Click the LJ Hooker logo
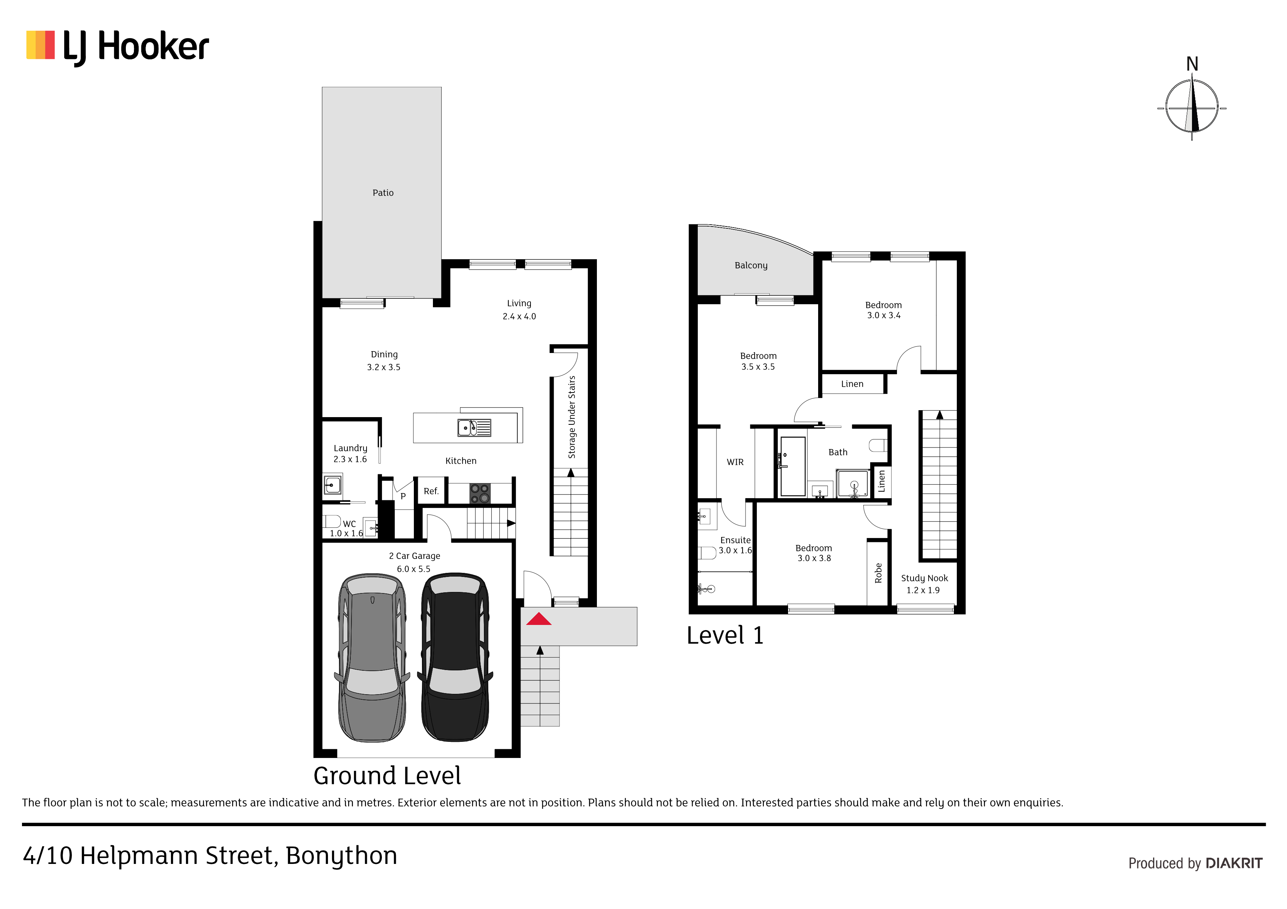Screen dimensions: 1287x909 (x=118, y=47)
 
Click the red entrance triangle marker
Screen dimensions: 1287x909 (x=539, y=618)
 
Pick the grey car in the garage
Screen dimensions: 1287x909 (x=372, y=657)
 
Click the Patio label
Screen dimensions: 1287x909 (x=383, y=193)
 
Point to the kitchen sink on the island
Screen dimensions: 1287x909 (x=474, y=427)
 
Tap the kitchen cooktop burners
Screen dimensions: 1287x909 (x=480, y=493)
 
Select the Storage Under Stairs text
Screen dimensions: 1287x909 (x=572, y=417)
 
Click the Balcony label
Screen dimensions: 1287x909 (x=751, y=265)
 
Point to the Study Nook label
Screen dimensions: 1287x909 (x=924, y=578)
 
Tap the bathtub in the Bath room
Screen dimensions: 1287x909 (x=792, y=466)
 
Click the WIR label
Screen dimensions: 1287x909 (x=735, y=462)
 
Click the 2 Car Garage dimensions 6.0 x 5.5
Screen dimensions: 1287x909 (x=414, y=569)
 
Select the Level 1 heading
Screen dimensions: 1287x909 (x=725, y=636)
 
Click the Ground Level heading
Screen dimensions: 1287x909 (x=387, y=776)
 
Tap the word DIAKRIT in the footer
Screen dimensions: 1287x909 (x=1234, y=863)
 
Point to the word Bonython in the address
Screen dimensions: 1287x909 (x=341, y=856)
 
